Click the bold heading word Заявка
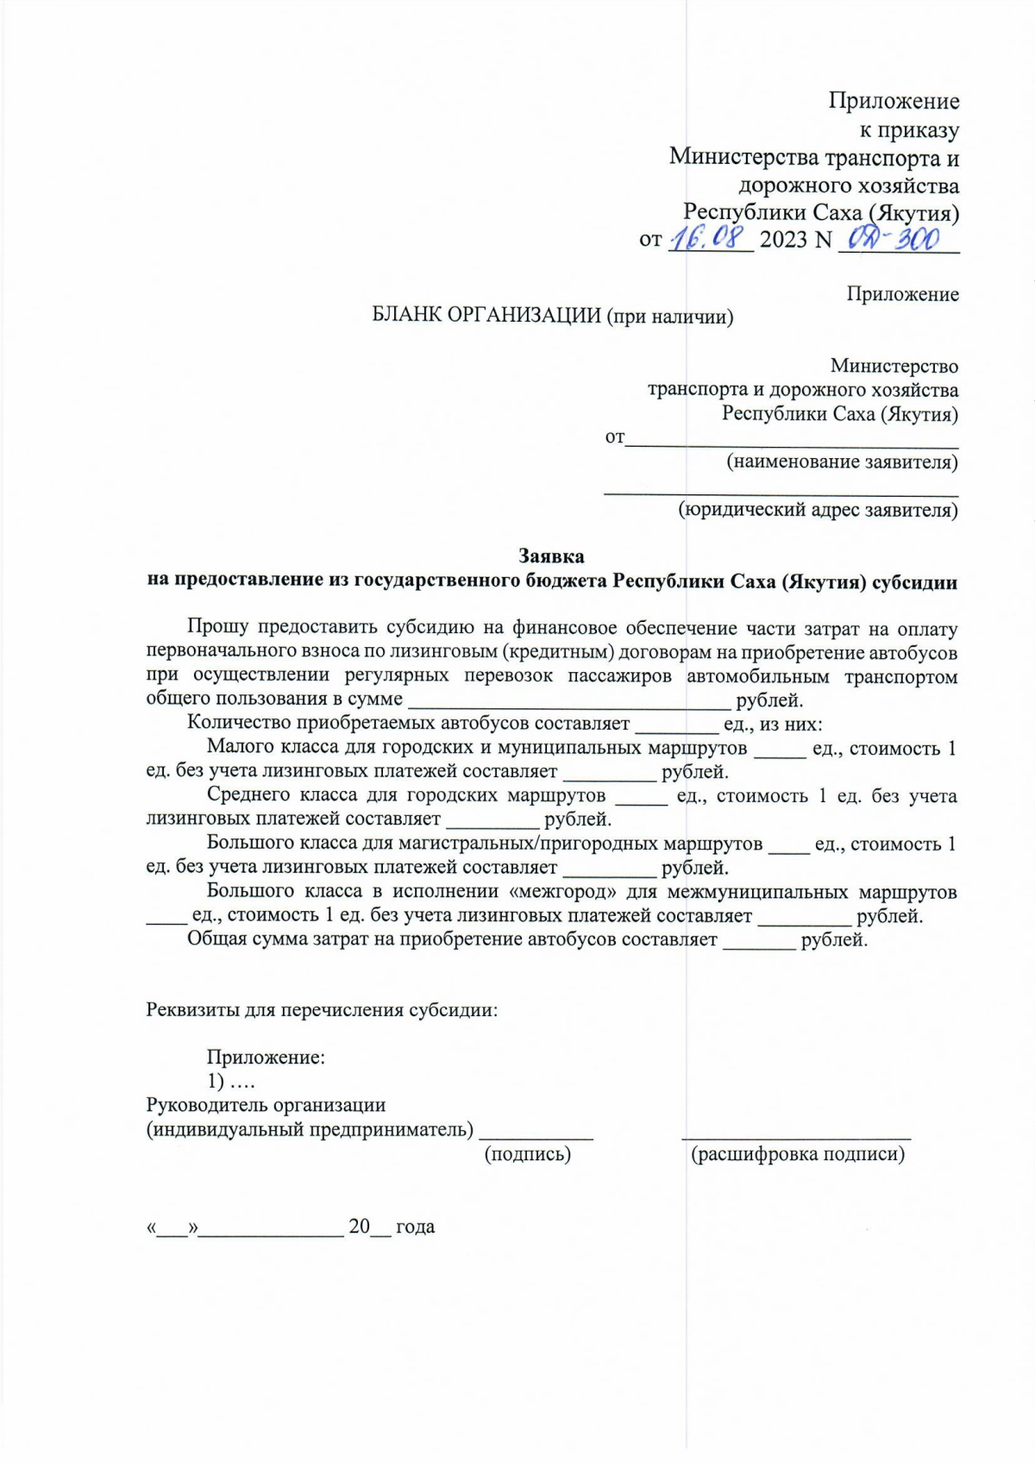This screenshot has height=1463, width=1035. pos(551,556)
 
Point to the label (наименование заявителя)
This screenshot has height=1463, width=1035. pos(842,462)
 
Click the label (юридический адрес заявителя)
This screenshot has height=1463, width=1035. pos(818,510)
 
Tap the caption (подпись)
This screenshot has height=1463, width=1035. pos(528,1154)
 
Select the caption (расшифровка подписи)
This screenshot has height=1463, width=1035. pos(798,1154)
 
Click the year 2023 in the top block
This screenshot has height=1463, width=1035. pos(783,239)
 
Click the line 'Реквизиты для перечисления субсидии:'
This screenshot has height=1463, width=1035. pos(322,1009)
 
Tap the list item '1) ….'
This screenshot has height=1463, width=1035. pos(231,1081)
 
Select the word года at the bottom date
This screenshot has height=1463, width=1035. pos(415,1227)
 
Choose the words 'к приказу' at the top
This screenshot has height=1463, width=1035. pos(909,130)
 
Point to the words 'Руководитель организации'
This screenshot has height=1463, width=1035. pos(266,1105)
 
